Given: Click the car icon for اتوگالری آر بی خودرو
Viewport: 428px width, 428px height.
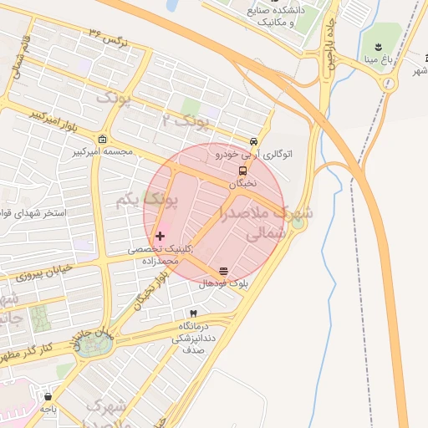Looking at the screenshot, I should click(x=254, y=141).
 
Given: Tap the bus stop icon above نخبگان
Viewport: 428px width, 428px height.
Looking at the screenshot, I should click(x=242, y=170).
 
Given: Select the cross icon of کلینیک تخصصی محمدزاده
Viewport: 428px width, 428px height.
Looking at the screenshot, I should click(x=160, y=237).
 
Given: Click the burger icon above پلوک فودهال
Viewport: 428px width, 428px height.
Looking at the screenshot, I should click(x=223, y=272).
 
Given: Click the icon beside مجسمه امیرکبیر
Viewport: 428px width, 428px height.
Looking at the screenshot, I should click(x=102, y=139).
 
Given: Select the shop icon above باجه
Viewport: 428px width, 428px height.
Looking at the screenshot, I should click(x=48, y=397).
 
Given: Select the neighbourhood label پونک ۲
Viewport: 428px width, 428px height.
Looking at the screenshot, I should click(x=188, y=120).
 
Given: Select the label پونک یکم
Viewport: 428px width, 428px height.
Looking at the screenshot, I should click(x=146, y=201).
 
